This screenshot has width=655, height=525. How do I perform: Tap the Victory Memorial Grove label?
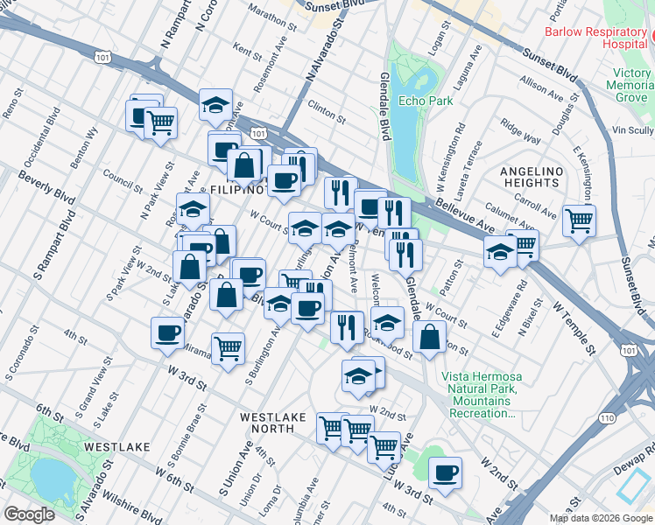[632, 86]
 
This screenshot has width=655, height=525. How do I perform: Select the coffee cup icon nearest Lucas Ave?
[446, 472]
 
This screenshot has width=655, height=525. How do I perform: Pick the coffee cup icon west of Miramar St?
[167, 332]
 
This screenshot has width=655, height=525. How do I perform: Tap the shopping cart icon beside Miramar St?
[229, 347]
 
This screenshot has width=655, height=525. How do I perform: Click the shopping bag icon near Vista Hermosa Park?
[428, 337]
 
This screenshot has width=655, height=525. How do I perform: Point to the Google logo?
[29, 514]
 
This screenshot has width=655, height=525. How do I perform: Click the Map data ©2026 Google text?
[600, 518]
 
